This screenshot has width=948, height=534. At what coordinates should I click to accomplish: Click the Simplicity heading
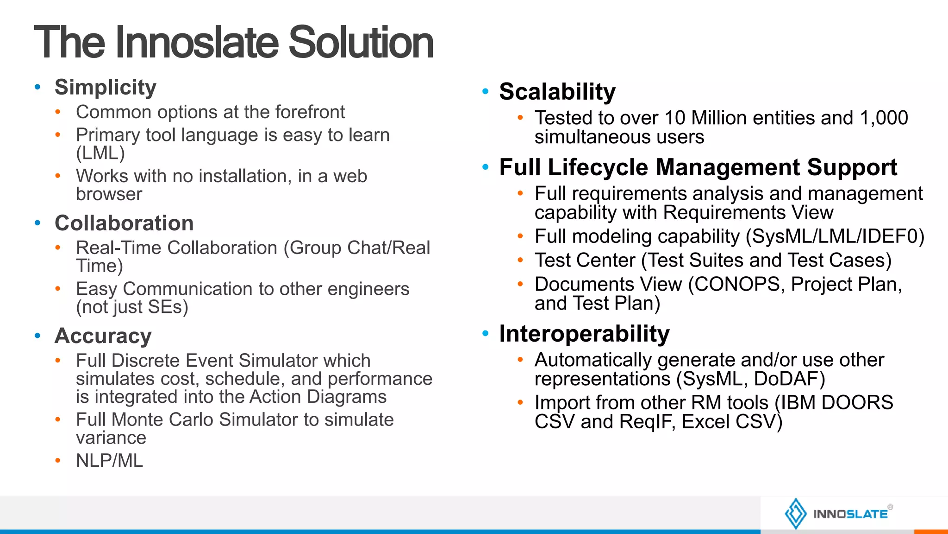point(106,87)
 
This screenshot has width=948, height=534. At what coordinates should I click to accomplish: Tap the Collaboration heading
point(124,223)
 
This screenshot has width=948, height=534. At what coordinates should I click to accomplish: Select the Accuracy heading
point(103,336)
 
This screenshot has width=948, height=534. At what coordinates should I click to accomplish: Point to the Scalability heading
point(557,91)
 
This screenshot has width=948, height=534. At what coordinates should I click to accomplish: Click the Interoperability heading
point(584,334)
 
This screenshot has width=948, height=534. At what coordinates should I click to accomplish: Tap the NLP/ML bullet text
point(110,461)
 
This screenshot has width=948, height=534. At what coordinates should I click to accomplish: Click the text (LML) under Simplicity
point(100,153)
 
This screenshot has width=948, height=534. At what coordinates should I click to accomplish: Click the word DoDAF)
point(789,379)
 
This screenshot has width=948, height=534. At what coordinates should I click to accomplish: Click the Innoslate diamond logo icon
point(796,514)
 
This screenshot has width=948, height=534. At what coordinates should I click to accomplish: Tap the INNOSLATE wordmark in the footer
point(850,514)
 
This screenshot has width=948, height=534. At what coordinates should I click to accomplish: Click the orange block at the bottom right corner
point(931,531)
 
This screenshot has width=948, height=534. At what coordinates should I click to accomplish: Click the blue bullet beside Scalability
point(485,91)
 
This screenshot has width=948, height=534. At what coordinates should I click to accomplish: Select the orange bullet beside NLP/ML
point(58,461)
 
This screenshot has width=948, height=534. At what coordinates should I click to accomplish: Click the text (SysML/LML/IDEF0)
point(835,236)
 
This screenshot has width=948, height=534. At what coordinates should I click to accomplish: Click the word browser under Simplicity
point(109,194)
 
